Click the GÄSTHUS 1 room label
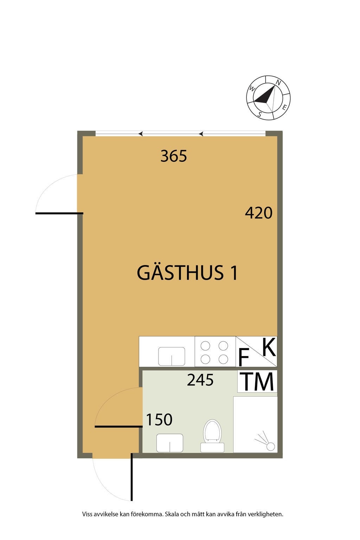(x=187, y=273)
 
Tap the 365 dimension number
(x=174, y=156)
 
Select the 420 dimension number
(x=259, y=213)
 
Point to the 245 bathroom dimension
(x=200, y=380)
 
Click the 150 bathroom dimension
(x=159, y=419)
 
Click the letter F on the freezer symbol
(x=244, y=358)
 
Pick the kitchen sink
(x=172, y=356)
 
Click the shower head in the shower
(x=270, y=446)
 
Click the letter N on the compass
(x=278, y=83)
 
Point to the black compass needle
(x=264, y=96)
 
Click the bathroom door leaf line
(x=118, y=426)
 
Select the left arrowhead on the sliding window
(x=141, y=134)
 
